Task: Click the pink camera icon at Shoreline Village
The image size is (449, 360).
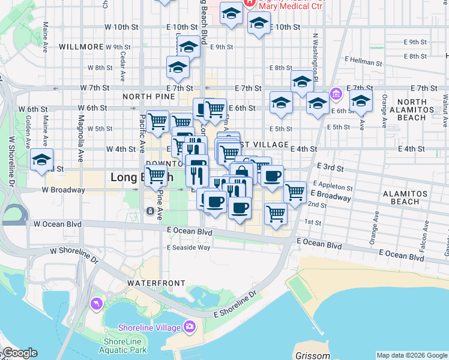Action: tap(190, 327)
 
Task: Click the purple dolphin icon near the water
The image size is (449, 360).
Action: tap(95, 305)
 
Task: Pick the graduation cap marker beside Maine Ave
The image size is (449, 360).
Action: tap(42, 160)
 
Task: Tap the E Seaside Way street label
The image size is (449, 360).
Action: tap(188, 247)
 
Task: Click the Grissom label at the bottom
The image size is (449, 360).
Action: tap(312, 356)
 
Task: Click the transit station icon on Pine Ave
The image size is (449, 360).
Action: tap(149, 211)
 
